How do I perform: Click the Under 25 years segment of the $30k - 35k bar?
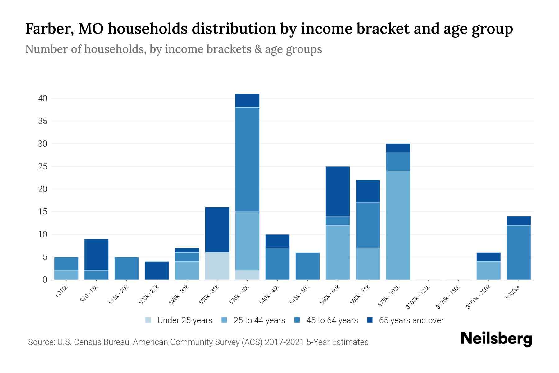pos(217,266)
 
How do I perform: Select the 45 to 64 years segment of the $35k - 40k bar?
pos(247,159)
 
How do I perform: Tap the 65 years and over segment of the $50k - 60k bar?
pos(338,191)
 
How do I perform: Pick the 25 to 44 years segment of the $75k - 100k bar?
pos(398,225)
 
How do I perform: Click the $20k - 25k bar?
pos(157,270)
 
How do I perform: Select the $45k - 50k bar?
pos(307,266)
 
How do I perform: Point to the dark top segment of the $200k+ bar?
pos(519,221)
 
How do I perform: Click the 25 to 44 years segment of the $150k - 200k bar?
pos(489,270)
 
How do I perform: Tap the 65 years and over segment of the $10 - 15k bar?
pos(97,254)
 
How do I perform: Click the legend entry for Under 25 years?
pos(179,320)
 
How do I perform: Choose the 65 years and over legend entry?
pos(405,320)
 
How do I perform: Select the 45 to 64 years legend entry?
pos(326,320)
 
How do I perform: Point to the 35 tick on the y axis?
pos(43,121)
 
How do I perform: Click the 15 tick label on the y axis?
pos(43,212)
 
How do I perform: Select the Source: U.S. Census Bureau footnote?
pos(198,342)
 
